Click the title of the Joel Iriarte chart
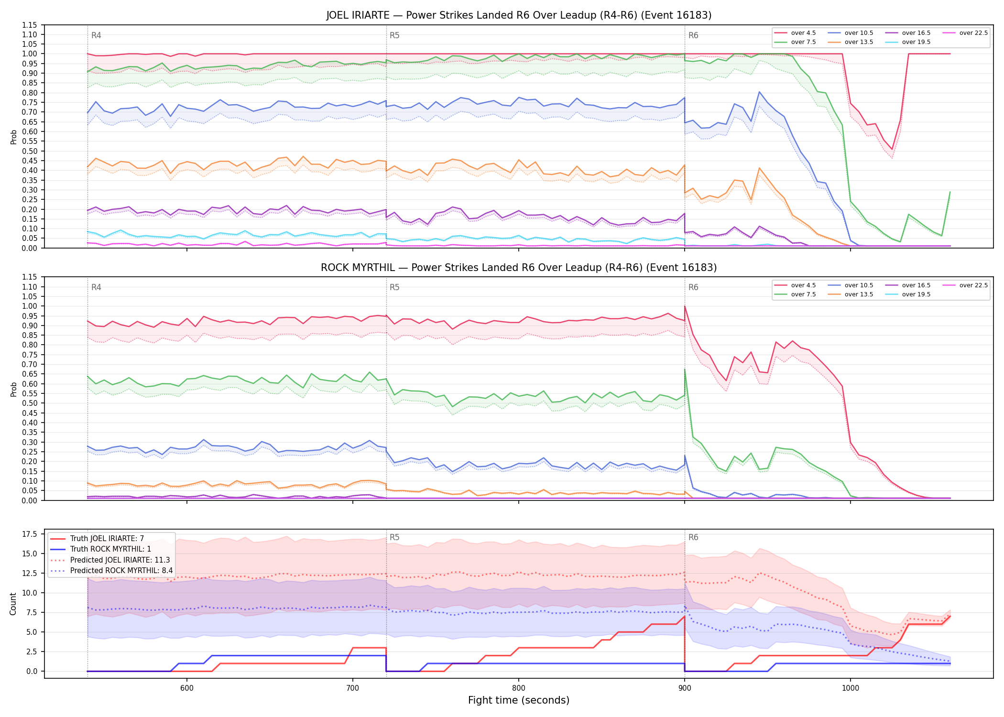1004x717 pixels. (x=519, y=15)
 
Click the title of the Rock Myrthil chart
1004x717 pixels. (x=519, y=268)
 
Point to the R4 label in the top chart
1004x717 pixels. (x=96, y=35)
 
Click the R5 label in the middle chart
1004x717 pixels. (x=394, y=287)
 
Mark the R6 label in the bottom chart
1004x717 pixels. (x=693, y=537)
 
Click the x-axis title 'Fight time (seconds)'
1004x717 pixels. (x=519, y=700)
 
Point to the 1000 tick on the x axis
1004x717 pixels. (x=850, y=688)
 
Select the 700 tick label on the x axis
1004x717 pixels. (x=352, y=688)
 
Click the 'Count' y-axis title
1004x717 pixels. (x=13, y=604)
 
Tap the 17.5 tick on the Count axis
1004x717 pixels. (x=31, y=534)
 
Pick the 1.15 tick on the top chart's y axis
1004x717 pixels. (x=30, y=25)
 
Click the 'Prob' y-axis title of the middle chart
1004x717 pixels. (x=13, y=389)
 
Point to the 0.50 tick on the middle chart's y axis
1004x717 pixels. (x=30, y=403)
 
